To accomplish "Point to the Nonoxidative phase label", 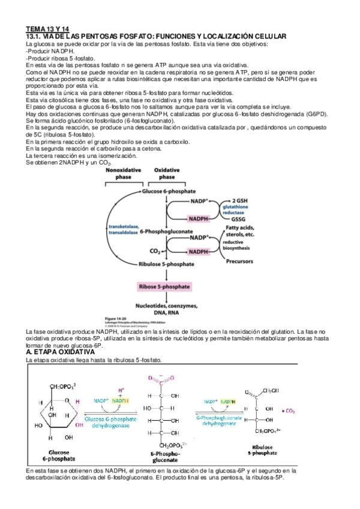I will pos(123,174).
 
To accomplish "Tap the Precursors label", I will pos(239,262).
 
